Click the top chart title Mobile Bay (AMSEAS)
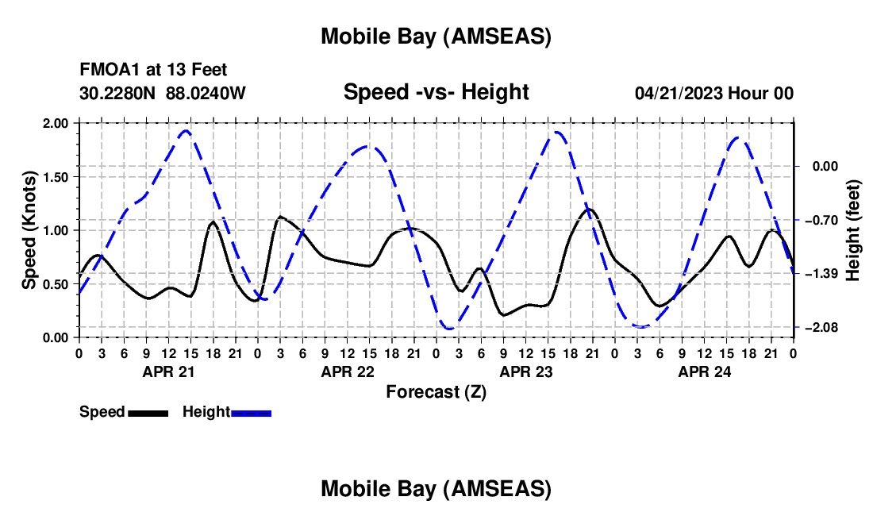(436, 37)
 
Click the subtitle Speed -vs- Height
(436, 92)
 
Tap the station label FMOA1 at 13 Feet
(153, 71)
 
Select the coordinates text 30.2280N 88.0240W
(163, 93)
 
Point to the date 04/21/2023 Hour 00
(713, 93)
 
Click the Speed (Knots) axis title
(29, 230)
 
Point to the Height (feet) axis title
(853, 230)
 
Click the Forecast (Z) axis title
(436, 391)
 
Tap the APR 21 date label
(167, 372)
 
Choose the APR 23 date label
(525, 372)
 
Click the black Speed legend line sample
(148, 413)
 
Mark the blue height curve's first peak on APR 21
(186, 131)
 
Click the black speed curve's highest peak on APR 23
(590, 210)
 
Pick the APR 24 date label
(703, 372)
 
